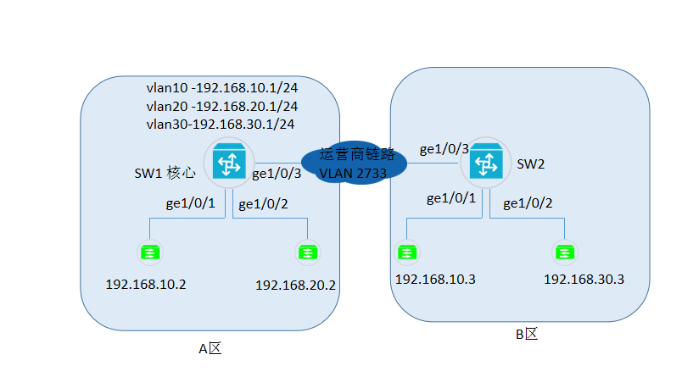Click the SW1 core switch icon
tap(229, 162)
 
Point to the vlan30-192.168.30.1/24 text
tap(221, 125)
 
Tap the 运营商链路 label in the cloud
tap(357, 155)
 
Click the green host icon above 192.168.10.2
tap(151, 252)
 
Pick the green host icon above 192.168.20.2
tap(306, 252)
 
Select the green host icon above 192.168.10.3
tap(408, 252)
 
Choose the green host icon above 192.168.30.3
tap(563, 252)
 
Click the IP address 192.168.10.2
tap(146, 284)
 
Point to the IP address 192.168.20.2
tap(296, 286)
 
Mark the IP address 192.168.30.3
tap(584, 280)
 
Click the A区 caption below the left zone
tap(209, 349)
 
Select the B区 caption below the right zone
tap(527, 334)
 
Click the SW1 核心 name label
tap(166, 174)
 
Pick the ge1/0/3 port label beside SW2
tap(444, 150)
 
